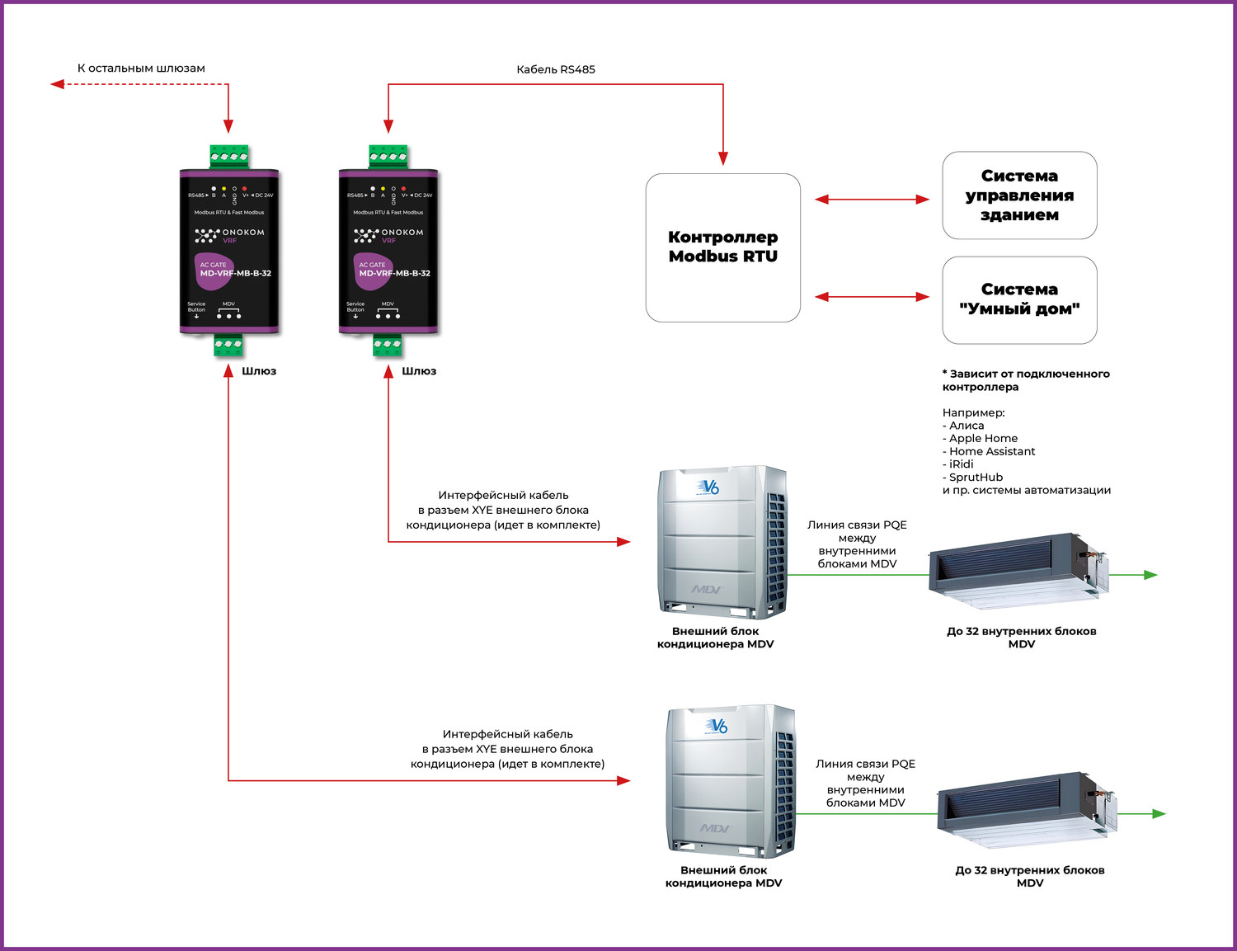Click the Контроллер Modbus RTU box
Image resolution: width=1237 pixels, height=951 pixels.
point(722,247)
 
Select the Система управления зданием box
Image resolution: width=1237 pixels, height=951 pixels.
point(1019,195)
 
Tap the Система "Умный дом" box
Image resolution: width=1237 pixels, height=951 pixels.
point(1019,299)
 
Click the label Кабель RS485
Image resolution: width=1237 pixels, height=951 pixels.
point(555,69)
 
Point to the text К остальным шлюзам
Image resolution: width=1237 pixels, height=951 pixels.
point(141,68)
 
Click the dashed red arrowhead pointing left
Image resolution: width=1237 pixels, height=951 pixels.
point(57,84)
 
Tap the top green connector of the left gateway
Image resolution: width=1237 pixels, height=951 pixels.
point(229,156)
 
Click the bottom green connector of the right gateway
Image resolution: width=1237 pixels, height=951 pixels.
point(388,344)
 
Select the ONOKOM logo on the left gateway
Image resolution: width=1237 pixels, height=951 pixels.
point(230,235)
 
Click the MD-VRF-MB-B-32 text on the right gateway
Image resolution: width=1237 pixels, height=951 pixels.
point(394,273)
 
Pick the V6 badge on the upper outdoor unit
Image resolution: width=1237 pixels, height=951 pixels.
point(708,487)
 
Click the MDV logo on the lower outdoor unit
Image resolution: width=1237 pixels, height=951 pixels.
point(715,827)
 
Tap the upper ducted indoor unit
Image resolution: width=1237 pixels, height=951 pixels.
point(1018,570)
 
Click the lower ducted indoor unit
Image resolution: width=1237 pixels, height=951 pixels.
point(1027,809)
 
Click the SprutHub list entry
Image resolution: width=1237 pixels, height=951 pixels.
point(976,477)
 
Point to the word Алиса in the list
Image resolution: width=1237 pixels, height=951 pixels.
point(967,426)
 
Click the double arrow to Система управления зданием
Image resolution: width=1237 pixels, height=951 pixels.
point(872,199)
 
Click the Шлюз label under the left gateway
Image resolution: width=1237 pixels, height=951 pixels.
point(259,371)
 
